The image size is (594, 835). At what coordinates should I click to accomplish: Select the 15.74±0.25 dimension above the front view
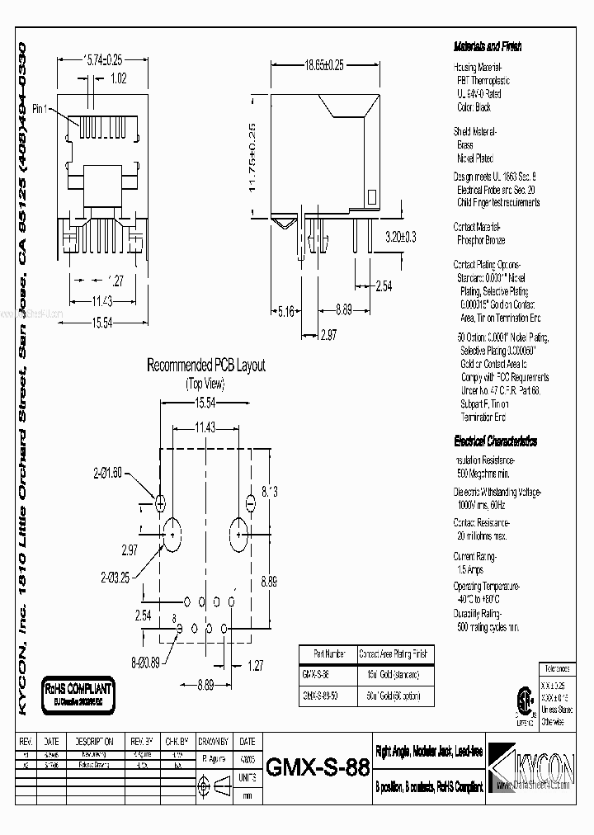click(x=103, y=59)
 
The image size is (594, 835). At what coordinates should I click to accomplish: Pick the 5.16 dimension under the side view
click(x=285, y=311)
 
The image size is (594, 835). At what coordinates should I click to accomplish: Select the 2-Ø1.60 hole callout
click(x=108, y=473)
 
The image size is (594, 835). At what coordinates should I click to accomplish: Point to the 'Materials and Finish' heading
click(x=488, y=47)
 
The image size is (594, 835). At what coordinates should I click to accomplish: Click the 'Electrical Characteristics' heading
click(x=496, y=441)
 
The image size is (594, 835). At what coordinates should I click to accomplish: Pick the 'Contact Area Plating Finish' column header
click(x=394, y=654)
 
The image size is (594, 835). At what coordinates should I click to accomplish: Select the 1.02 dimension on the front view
click(x=119, y=79)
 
